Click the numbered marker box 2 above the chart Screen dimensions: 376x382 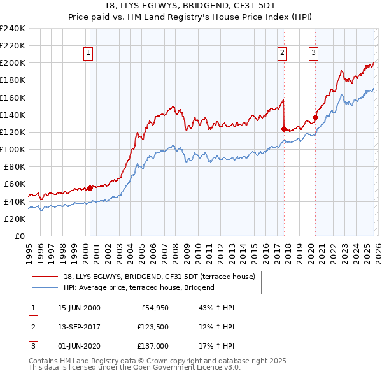(x=282, y=53)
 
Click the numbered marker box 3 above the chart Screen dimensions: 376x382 (x=313, y=53)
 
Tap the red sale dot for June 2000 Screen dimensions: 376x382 (x=90, y=187)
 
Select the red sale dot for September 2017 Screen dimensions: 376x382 (x=284, y=129)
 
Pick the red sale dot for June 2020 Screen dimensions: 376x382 (x=315, y=117)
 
